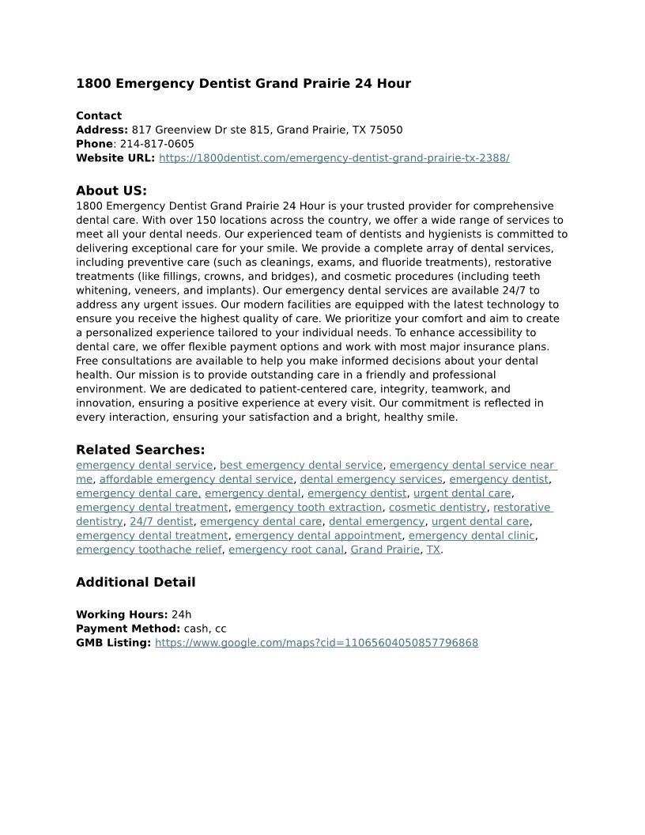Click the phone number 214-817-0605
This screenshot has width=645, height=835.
157,144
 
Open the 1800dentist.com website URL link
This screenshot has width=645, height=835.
334,158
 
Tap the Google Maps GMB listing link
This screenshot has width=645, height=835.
316,643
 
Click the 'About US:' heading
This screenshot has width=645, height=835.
111,191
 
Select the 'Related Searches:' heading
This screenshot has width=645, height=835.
140,450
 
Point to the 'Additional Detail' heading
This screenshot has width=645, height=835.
135,583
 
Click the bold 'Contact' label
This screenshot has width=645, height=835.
99,115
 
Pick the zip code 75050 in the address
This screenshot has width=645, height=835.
387,130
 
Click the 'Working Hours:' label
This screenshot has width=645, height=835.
122,614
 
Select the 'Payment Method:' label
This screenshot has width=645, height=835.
128,629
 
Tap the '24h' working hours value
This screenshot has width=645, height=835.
181,614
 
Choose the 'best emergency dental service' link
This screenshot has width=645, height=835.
301,465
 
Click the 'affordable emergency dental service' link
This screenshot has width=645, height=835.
196,479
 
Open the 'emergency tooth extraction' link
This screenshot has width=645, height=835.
308,508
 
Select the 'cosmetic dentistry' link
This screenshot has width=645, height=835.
437,508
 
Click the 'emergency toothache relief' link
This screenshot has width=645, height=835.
149,550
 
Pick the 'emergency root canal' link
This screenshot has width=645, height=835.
286,550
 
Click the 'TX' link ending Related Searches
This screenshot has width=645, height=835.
433,550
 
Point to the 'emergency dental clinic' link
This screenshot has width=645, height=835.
471,535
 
